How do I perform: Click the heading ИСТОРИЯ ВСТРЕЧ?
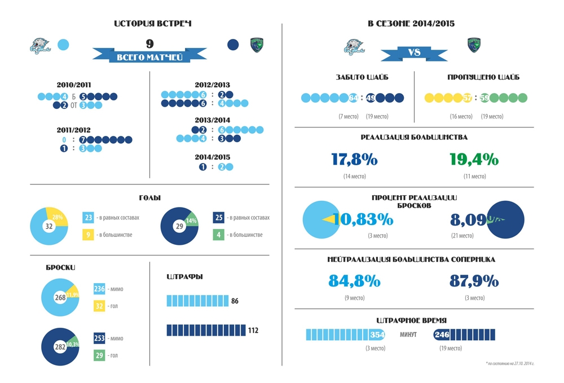point(153,24)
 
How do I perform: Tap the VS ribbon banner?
point(414,53)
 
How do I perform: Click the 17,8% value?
point(354,160)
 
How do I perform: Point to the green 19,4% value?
point(474,160)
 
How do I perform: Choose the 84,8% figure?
point(354,280)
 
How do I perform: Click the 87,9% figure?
point(474,280)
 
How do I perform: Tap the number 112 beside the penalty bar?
point(253,331)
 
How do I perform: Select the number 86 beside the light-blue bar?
point(235,301)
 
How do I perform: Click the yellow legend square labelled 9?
point(88,234)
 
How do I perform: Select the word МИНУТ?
point(408,334)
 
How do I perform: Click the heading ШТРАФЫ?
point(185,277)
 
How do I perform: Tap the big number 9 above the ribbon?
point(149,43)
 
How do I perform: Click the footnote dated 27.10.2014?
point(509,363)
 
